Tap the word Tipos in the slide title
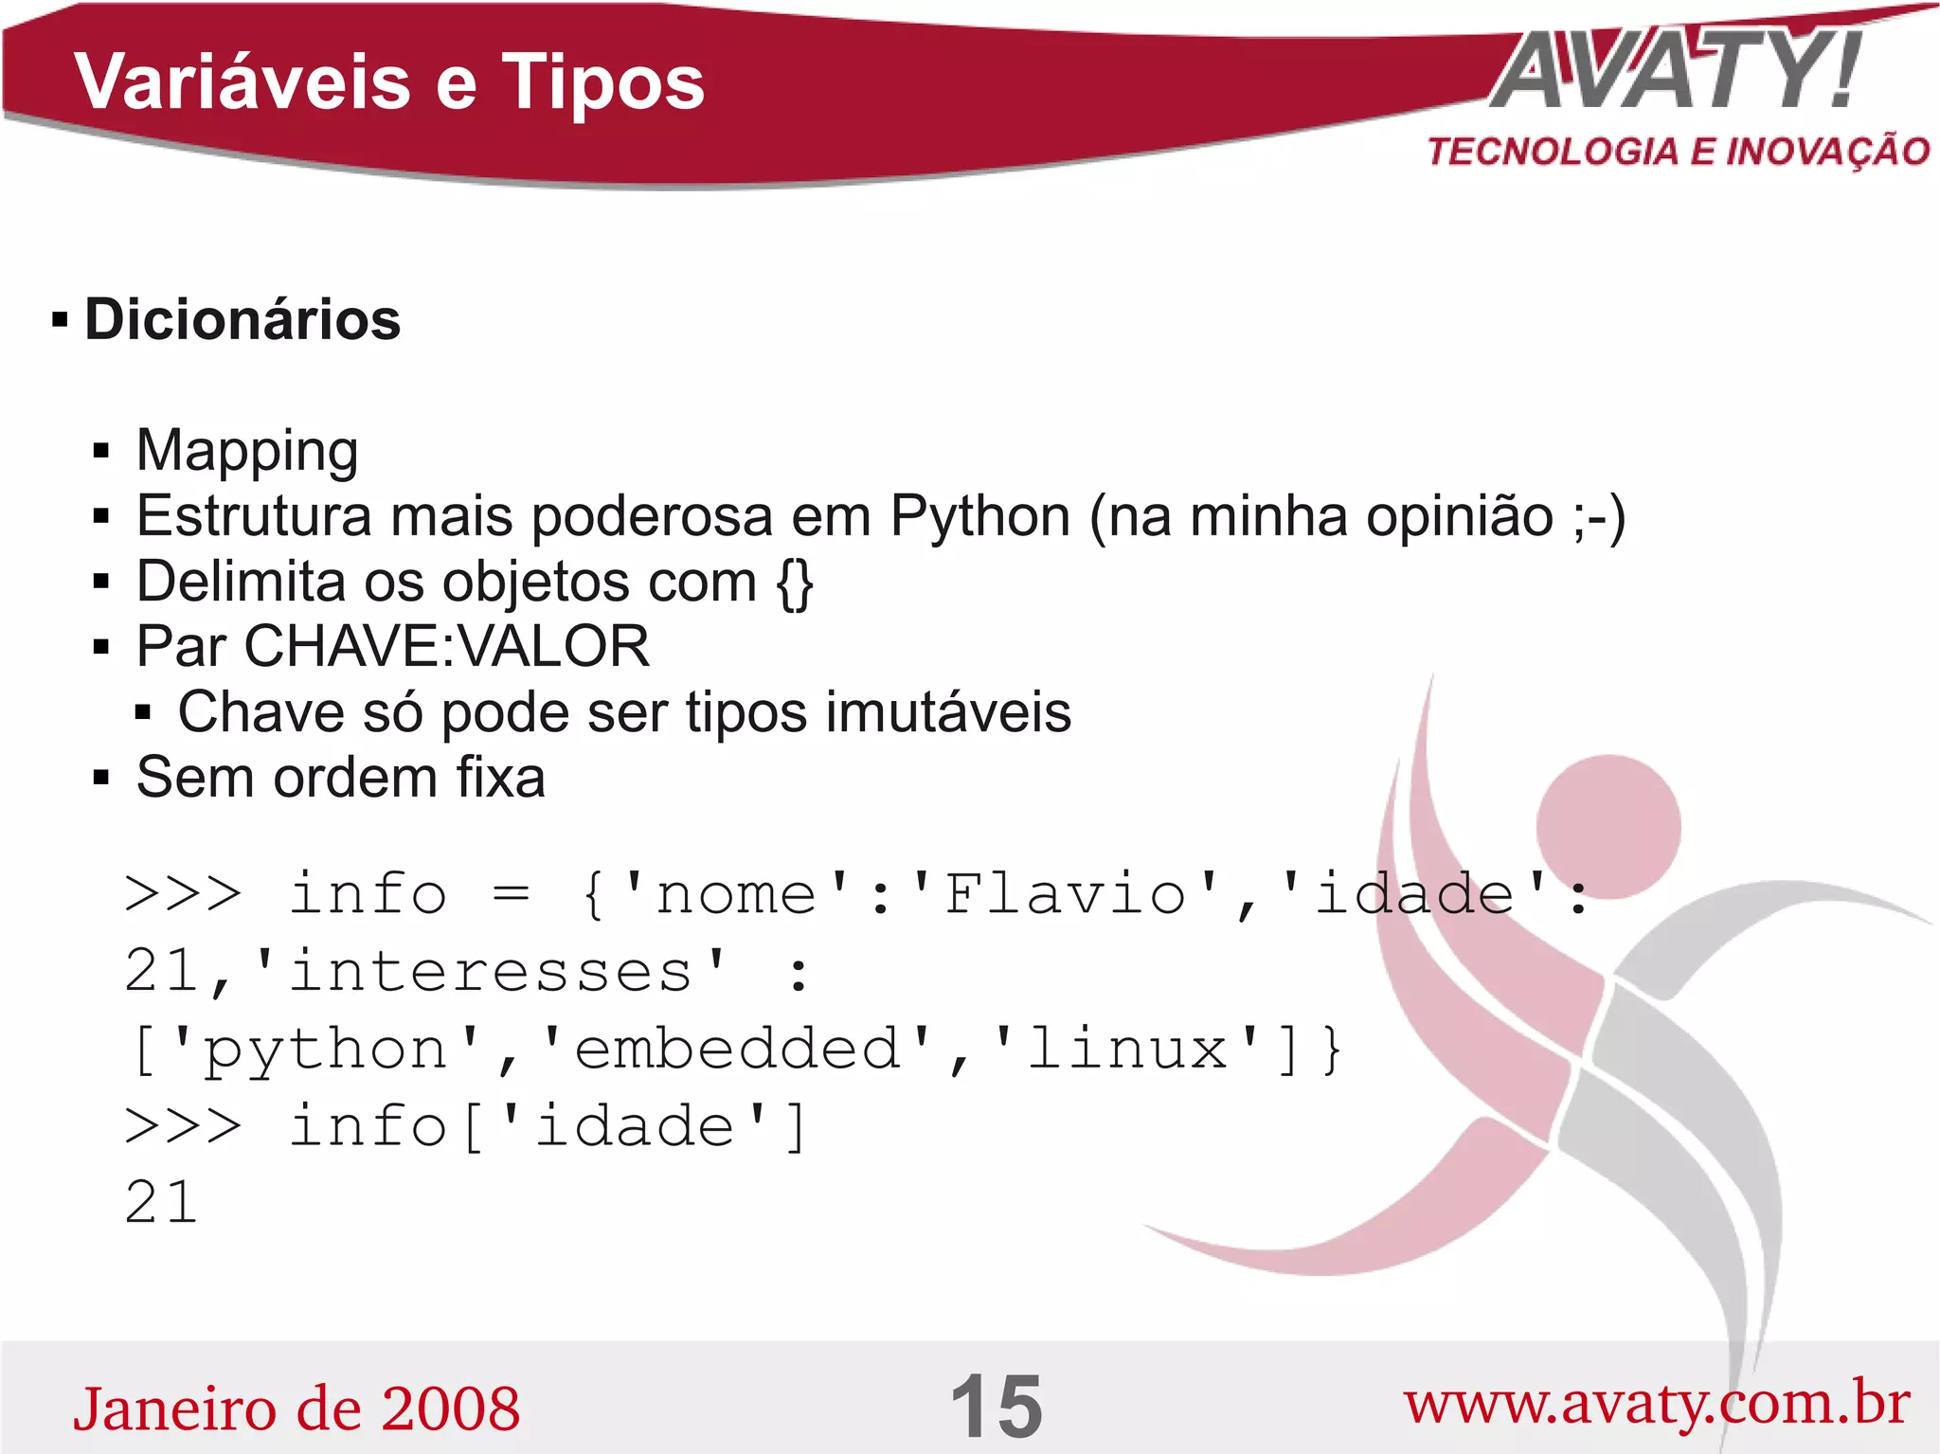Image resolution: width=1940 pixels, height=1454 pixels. (x=602, y=82)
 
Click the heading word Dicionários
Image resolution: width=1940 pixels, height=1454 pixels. (x=242, y=319)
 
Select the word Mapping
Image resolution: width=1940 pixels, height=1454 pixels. (x=247, y=450)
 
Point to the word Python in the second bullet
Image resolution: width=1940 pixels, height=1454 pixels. (x=980, y=517)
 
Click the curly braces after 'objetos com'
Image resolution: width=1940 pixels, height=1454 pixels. (x=794, y=583)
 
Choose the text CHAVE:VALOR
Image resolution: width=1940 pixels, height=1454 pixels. (x=446, y=647)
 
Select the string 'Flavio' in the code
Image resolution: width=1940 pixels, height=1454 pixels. (x=1065, y=895)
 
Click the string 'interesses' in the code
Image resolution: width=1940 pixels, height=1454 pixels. (x=491, y=973)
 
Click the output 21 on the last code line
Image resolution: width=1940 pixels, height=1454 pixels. (x=161, y=1204)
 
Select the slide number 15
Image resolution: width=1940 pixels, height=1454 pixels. (x=996, y=1408)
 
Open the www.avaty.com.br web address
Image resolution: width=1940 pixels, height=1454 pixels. (x=1657, y=1404)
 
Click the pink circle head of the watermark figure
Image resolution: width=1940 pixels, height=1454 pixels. (x=1608, y=826)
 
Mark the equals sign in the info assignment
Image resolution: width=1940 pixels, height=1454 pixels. (x=511, y=895)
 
